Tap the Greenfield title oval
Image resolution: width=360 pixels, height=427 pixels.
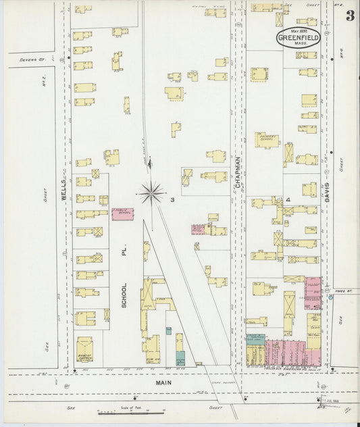(x=298, y=37)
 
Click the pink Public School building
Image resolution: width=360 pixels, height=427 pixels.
(x=122, y=214)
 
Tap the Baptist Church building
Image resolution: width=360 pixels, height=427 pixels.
(x=84, y=349)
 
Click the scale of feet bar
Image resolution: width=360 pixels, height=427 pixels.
(x=122, y=411)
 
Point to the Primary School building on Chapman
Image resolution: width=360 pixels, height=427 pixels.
(x=267, y=140)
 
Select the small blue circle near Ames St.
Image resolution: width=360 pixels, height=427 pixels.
(x=330, y=297)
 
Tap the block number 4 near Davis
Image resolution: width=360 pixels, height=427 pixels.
(x=287, y=200)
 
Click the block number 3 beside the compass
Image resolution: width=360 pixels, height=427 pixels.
(x=173, y=199)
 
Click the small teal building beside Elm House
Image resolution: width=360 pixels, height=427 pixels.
(x=180, y=358)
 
